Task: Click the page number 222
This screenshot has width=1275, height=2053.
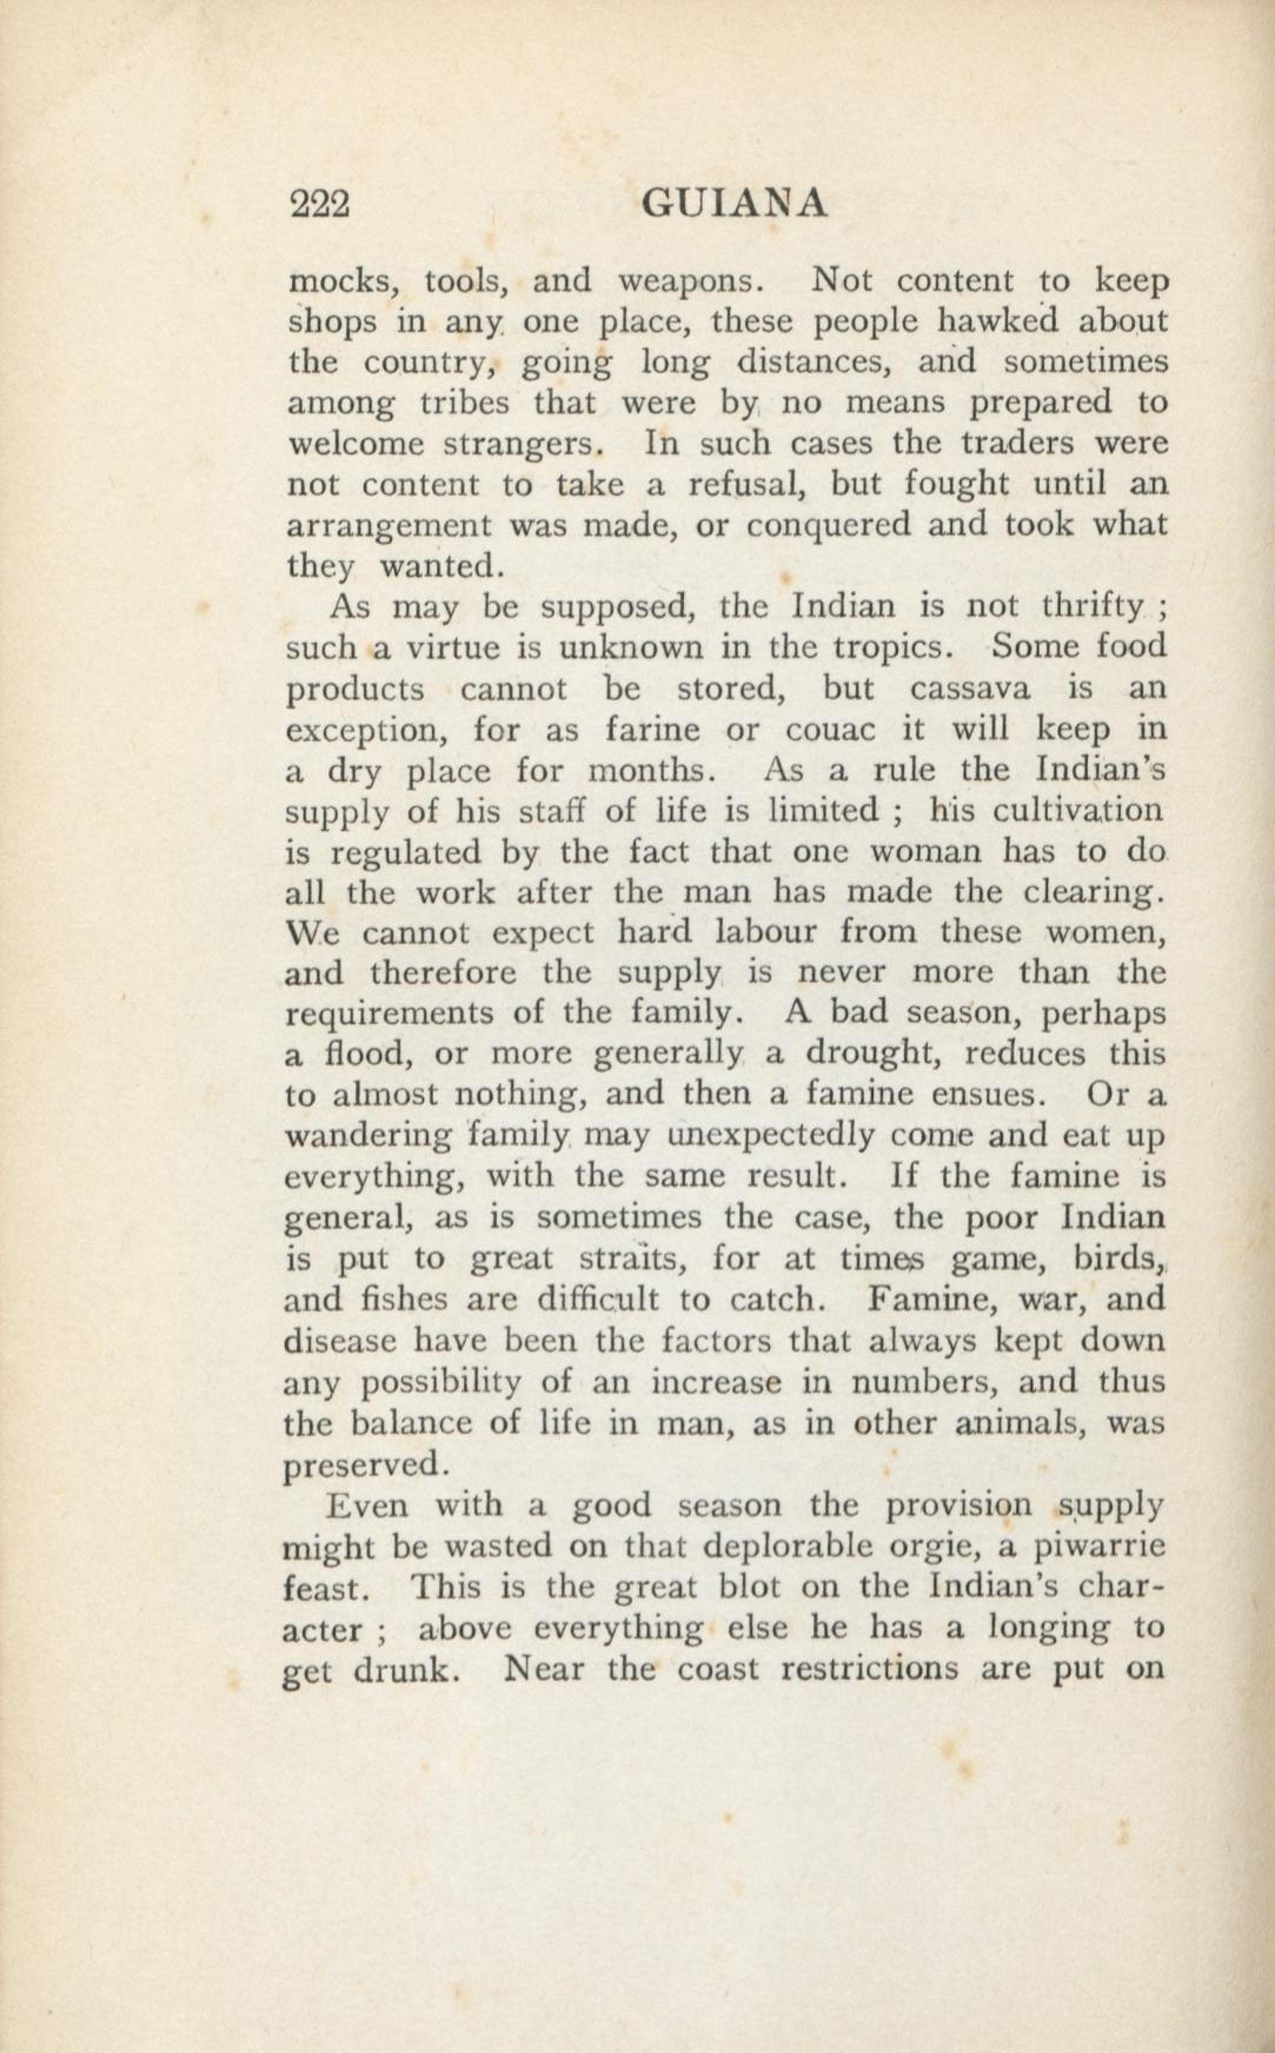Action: [319, 204]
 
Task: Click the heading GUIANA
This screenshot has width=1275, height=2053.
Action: [733, 204]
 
